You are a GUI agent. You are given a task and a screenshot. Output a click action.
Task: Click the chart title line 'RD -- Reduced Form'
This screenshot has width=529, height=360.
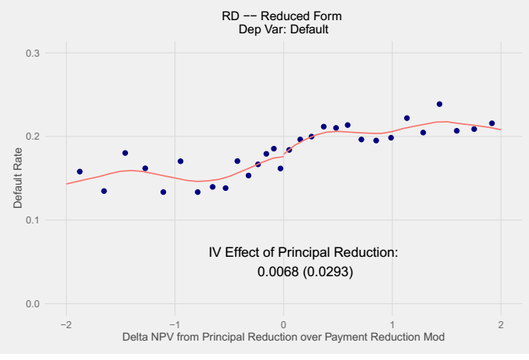pyautogui.click(x=282, y=16)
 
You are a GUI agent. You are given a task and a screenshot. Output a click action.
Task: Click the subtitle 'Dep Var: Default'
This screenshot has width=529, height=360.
pyautogui.click(x=283, y=29)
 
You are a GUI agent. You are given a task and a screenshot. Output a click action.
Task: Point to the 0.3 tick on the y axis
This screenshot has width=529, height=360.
pyautogui.click(x=33, y=53)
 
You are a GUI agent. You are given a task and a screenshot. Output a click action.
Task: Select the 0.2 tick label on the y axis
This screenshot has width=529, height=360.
pyautogui.click(x=33, y=137)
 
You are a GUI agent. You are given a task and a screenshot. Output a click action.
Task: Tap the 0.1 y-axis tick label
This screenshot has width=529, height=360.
pyautogui.click(x=33, y=220)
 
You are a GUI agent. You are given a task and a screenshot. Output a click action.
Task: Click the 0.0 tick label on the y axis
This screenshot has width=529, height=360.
pyautogui.click(x=33, y=303)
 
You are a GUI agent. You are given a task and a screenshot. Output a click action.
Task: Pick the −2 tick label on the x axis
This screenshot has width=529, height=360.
pyautogui.click(x=66, y=324)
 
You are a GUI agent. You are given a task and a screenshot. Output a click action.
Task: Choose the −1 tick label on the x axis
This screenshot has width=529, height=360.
pyautogui.click(x=175, y=324)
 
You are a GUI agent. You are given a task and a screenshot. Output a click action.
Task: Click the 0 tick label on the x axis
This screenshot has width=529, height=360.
pyautogui.click(x=283, y=324)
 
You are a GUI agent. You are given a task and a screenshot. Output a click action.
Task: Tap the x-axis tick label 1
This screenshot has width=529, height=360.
pyautogui.click(x=392, y=324)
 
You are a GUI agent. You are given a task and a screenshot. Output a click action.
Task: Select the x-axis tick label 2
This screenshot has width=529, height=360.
pyautogui.click(x=500, y=324)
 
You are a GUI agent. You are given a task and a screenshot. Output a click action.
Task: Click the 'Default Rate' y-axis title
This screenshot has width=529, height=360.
pyautogui.click(x=18, y=178)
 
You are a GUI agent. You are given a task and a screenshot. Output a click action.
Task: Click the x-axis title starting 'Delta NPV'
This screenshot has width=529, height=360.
pyautogui.click(x=283, y=337)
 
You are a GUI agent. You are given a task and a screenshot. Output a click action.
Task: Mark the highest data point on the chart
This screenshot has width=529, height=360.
pyautogui.click(x=439, y=104)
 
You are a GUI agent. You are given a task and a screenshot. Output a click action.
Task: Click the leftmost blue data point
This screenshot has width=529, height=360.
pyautogui.click(x=80, y=171)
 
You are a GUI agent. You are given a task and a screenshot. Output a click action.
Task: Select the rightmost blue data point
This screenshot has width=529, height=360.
pyautogui.click(x=492, y=123)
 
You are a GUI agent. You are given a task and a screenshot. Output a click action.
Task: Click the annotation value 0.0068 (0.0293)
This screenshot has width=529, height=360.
pyautogui.click(x=305, y=272)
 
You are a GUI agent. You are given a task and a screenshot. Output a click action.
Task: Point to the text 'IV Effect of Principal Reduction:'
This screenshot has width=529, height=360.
pyautogui.click(x=303, y=252)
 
